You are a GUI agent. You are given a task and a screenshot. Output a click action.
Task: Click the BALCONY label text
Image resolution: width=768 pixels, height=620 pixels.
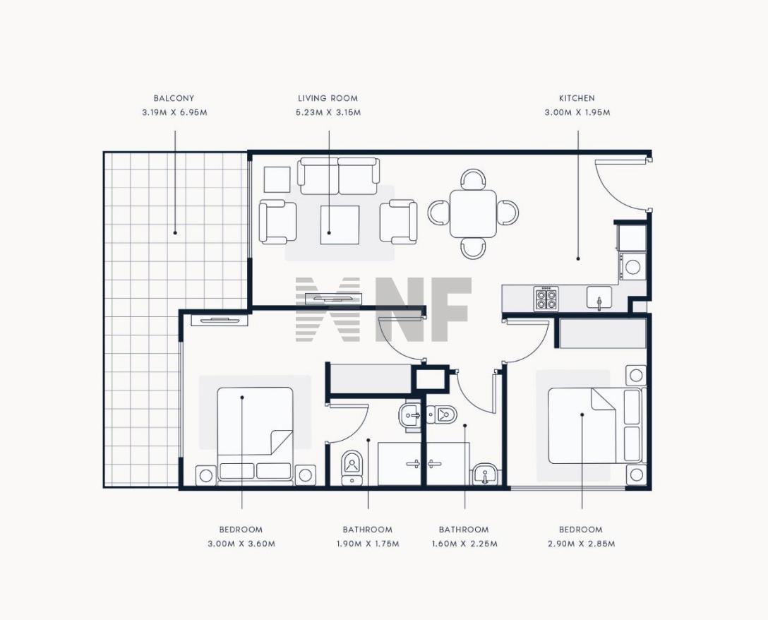coord(174,98)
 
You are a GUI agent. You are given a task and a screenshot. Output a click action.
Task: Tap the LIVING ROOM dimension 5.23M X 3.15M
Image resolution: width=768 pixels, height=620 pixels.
coord(328,112)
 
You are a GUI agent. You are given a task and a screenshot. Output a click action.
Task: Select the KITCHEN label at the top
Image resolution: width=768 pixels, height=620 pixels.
coord(577,98)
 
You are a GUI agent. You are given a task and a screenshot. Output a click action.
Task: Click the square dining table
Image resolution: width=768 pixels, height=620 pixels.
coord(473,214)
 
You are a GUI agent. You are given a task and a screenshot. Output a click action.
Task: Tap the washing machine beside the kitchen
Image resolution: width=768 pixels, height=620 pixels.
coord(632,266)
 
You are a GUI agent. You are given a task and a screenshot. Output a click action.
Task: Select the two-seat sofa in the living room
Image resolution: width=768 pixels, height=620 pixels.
coord(338,176)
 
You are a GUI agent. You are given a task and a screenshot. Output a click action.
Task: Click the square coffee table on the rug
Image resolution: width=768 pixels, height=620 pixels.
coord(340,225)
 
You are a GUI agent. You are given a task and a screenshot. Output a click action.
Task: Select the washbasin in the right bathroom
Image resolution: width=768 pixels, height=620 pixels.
coord(485,475)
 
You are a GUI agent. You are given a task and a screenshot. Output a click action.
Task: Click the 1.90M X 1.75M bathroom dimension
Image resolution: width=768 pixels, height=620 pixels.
coord(368,544)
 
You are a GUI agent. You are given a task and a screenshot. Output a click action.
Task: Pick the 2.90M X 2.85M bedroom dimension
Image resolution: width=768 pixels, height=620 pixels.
coord(581,544)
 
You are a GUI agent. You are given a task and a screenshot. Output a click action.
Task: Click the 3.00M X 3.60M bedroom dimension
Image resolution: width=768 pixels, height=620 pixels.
coord(241,544)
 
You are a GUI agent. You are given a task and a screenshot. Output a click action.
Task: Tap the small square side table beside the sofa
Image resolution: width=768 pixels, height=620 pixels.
coord(277,180)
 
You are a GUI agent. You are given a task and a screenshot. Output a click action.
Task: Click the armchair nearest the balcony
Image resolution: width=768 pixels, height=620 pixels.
coord(277,222)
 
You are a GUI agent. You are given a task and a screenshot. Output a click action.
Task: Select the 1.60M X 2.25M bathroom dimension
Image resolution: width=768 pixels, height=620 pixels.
coord(464,544)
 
